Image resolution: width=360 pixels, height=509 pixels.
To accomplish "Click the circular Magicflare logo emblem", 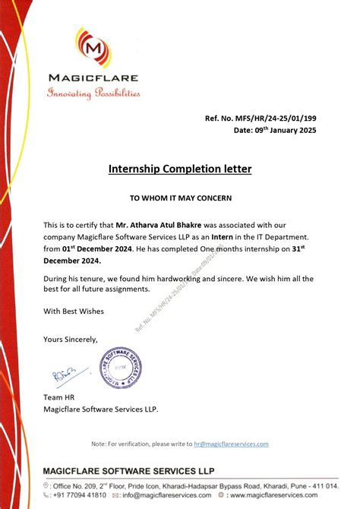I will point(93,48).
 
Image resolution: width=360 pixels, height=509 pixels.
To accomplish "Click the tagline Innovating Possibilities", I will point(93,93).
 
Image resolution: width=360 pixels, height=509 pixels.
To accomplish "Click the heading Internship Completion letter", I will point(180,168).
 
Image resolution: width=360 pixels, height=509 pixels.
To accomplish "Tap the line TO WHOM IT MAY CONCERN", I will point(180,198).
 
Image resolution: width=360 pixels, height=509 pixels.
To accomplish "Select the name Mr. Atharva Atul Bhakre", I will point(159,226).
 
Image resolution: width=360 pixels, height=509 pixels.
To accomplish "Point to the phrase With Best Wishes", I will point(74,311).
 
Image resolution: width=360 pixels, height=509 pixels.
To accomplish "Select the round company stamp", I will point(121,367).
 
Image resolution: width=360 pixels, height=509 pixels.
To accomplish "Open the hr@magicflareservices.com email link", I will point(231,444).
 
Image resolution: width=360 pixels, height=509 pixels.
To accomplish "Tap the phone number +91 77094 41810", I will point(80,495).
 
